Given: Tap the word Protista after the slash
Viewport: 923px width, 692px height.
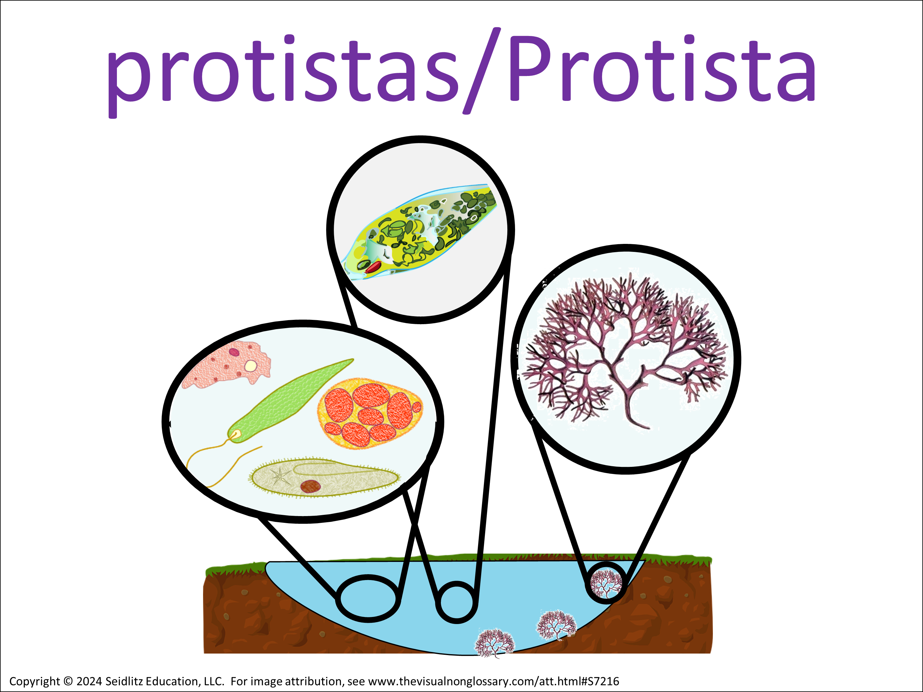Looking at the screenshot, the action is [x=661, y=68].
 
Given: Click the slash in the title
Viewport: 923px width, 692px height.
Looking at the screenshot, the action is [x=482, y=70].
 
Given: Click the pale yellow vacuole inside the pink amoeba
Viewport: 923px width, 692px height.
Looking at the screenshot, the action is [x=250, y=366].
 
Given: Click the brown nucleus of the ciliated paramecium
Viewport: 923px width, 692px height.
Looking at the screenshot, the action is [x=310, y=486].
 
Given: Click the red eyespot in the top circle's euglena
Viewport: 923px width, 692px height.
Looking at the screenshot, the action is [x=373, y=267].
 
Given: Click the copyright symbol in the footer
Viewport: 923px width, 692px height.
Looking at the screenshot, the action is [x=68, y=681].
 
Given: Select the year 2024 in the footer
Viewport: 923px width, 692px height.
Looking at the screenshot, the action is [x=89, y=681].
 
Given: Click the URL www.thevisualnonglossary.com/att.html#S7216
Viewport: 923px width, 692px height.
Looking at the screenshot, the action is [x=493, y=681].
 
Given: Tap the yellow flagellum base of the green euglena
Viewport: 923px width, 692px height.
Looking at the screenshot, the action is [x=236, y=436].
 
